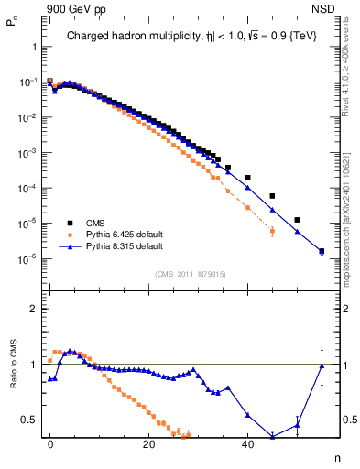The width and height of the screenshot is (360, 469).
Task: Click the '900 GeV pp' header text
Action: (x=70, y=8)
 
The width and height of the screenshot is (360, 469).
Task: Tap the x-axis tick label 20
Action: (x=149, y=442)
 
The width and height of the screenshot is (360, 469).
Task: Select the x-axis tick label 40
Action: (x=247, y=442)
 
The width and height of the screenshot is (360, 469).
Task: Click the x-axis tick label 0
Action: (x=50, y=442)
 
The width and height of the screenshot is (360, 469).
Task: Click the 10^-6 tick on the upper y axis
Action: (x=27, y=258)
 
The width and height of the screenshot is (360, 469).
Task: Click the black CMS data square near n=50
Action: (x=297, y=220)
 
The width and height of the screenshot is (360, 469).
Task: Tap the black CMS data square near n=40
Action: (x=247, y=177)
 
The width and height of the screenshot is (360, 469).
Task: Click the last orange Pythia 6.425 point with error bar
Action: (x=272, y=231)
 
